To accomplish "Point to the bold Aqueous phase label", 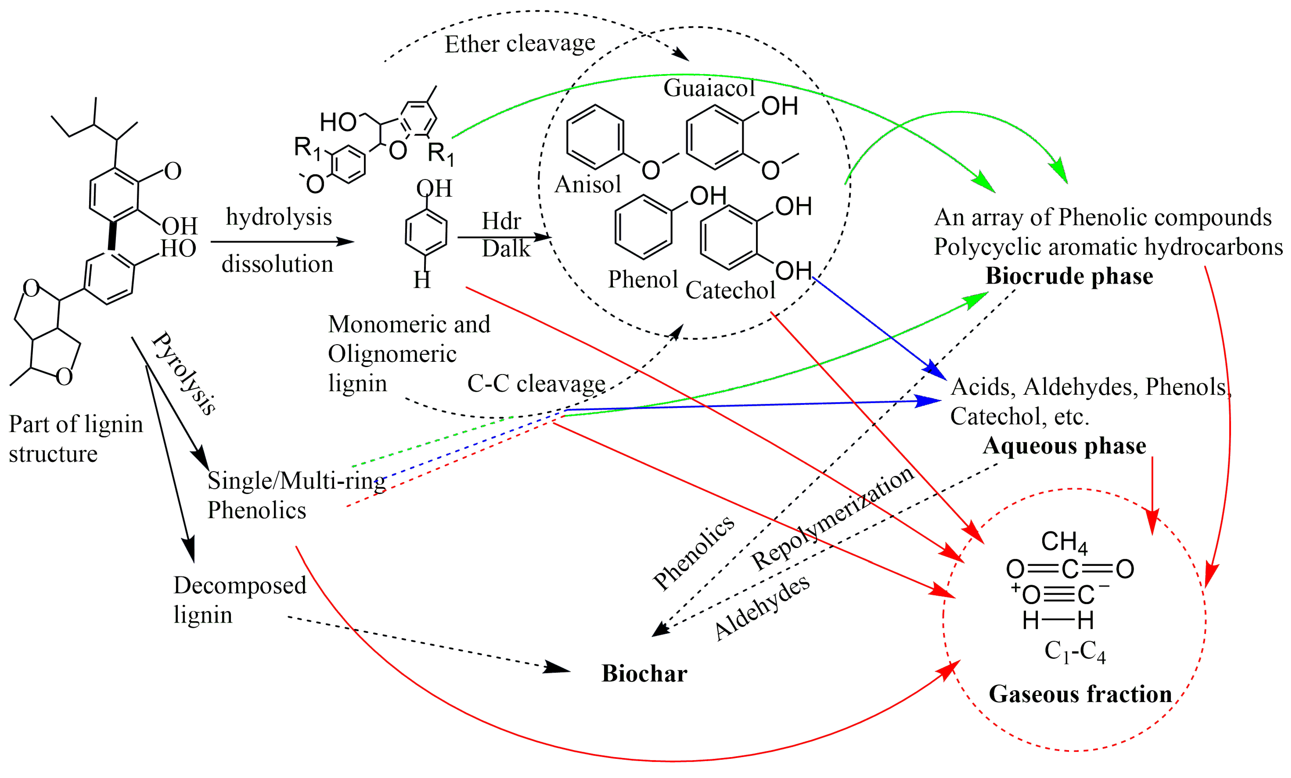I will (1064, 446).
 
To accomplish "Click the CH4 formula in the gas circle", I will (1064, 542).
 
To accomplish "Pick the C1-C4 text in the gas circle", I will (1075, 651).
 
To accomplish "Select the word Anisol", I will (587, 184).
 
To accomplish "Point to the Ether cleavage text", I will (520, 44).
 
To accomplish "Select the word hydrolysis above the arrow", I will (279, 216).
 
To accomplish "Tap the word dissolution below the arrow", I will (277, 264).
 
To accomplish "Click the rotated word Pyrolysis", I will (184, 374).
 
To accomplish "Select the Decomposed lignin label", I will (239, 600).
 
